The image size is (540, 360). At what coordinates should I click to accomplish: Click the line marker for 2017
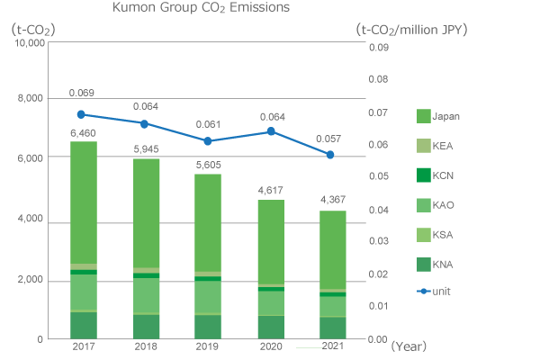(x=82, y=114)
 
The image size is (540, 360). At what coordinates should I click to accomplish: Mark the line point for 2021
(x=331, y=155)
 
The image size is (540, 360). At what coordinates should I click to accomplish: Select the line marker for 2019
(x=207, y=141)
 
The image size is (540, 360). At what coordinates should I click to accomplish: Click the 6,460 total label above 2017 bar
(x=83, y=133)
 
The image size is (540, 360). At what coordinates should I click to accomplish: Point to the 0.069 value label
(x=82, y=93)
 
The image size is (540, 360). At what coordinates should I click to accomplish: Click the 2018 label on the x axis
(x=145, y=346)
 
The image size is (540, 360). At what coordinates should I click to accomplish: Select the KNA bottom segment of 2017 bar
(x=83, y=325)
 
